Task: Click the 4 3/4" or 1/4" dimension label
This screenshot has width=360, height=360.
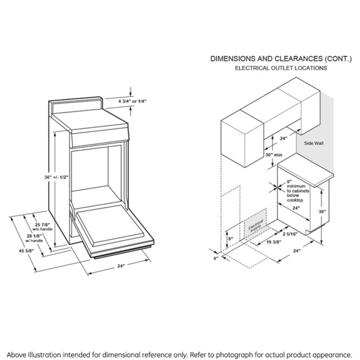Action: point(133,101)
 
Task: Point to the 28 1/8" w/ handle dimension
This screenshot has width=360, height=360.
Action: point(34,238)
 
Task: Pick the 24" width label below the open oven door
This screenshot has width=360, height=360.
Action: point(121,266)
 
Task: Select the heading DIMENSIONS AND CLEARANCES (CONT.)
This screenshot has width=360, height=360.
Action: point(281,59)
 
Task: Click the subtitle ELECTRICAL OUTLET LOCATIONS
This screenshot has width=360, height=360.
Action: point(281,68)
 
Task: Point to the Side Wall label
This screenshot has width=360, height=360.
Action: point(314,143)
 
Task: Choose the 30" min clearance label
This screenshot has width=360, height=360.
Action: point(274,155)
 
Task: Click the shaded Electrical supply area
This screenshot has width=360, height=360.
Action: point(256,225)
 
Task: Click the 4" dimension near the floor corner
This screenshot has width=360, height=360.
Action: point(216,258)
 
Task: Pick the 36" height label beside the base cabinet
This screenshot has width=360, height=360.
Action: point(322,212)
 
